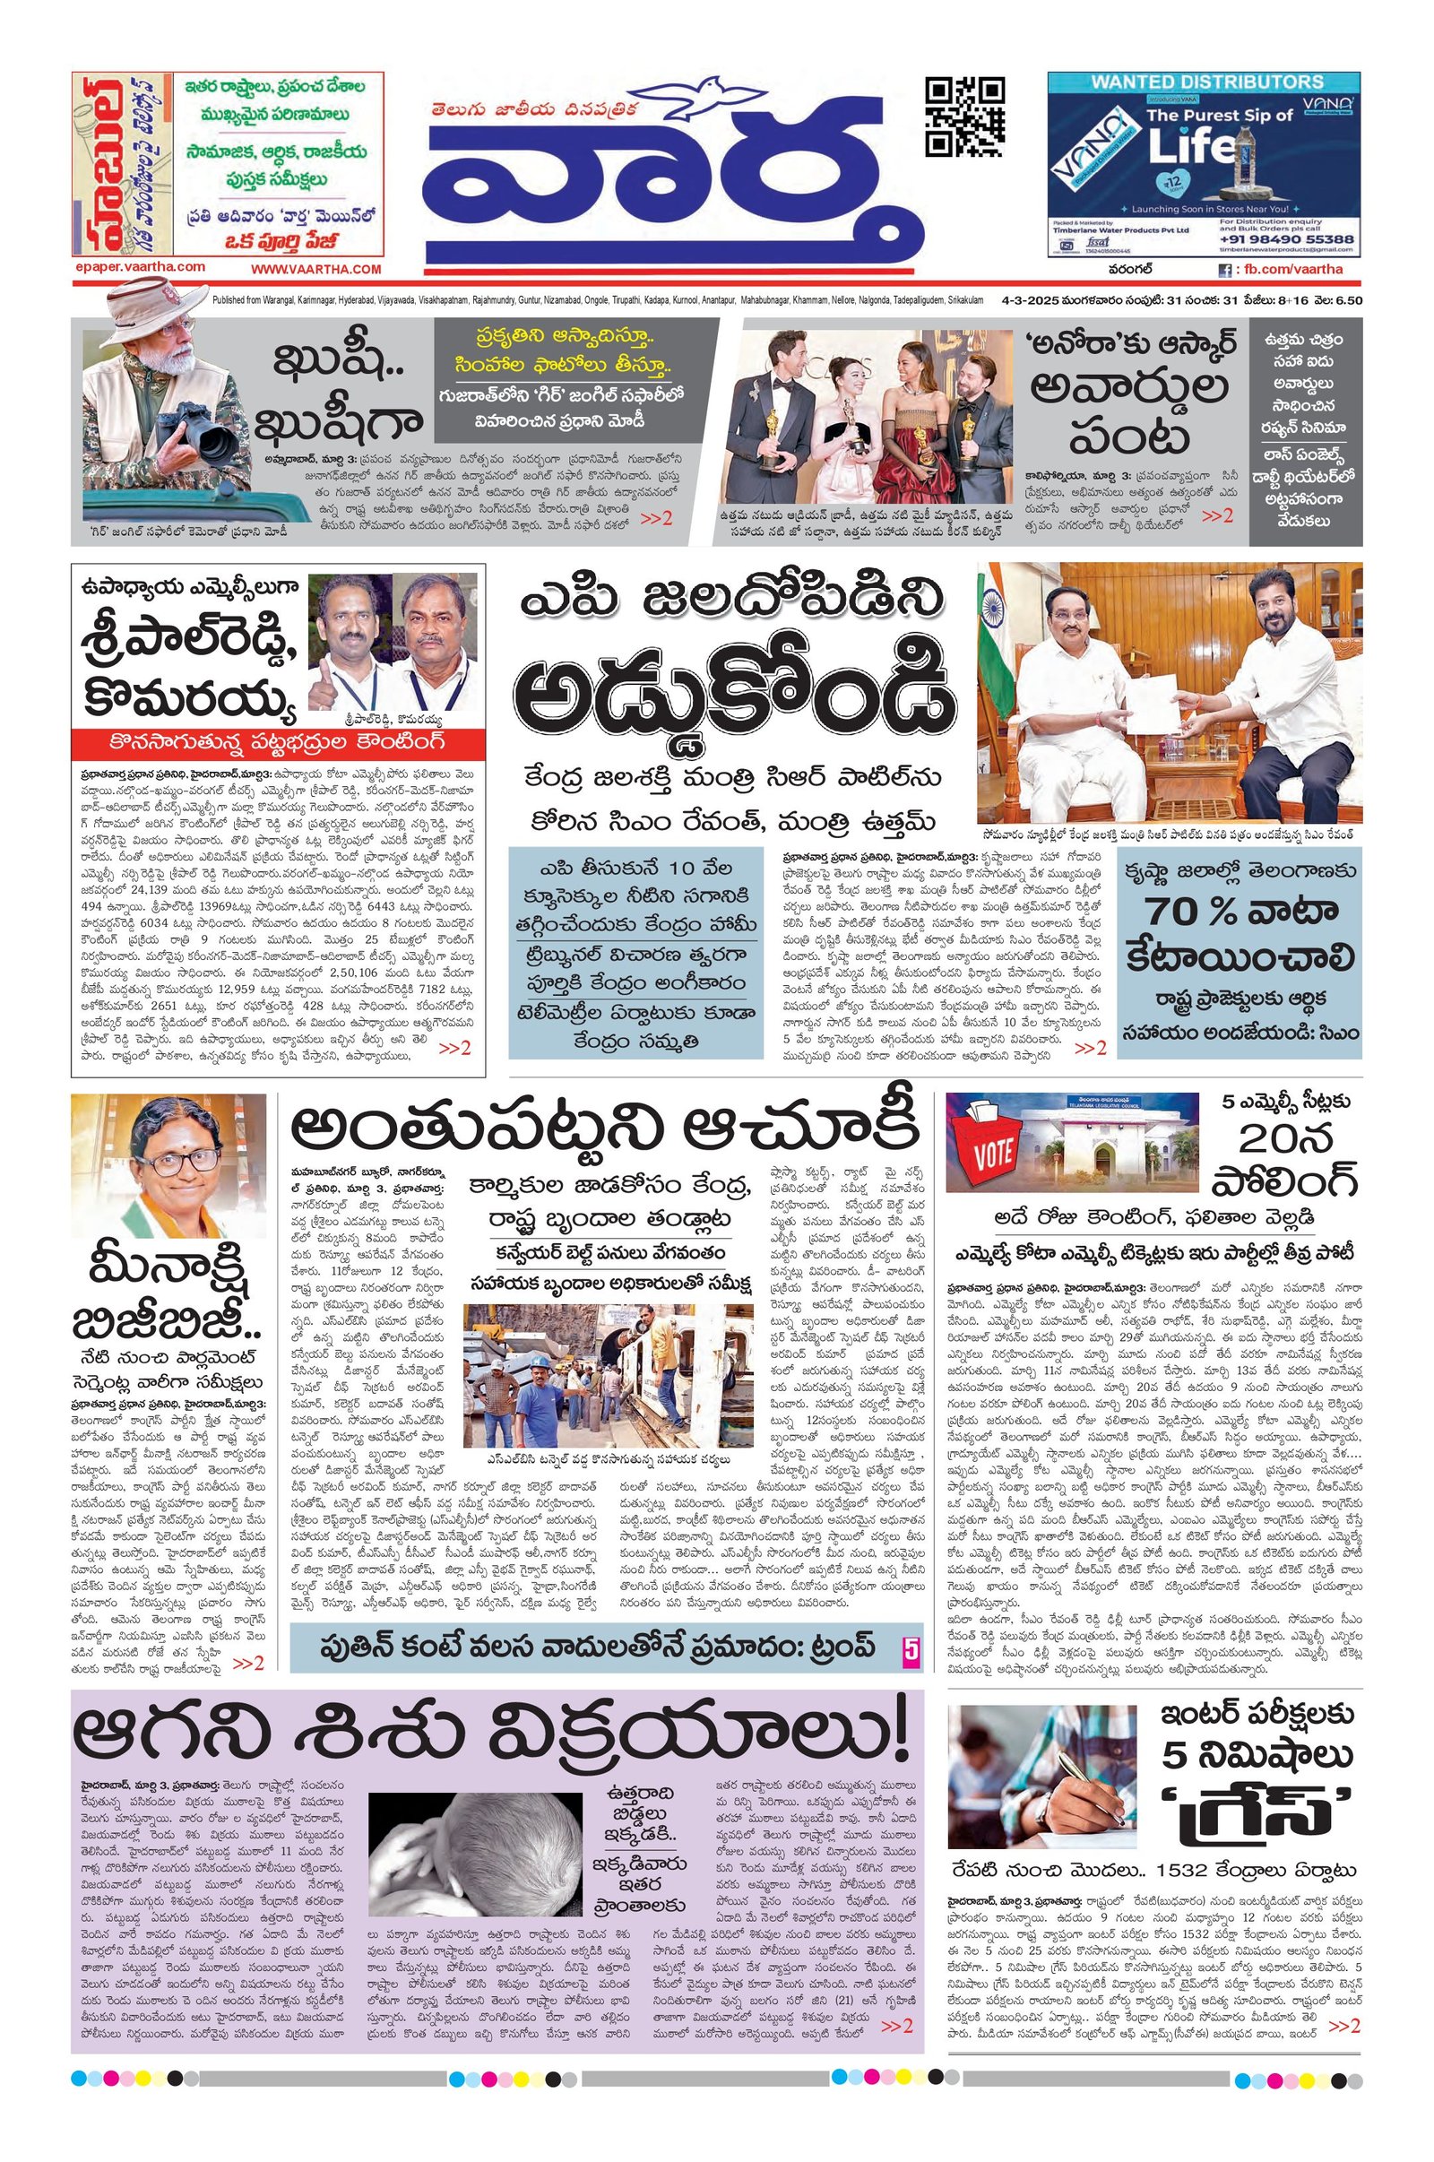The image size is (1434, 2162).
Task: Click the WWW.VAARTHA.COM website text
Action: coord(315,268)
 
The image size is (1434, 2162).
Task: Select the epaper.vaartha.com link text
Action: coord(140,266)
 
